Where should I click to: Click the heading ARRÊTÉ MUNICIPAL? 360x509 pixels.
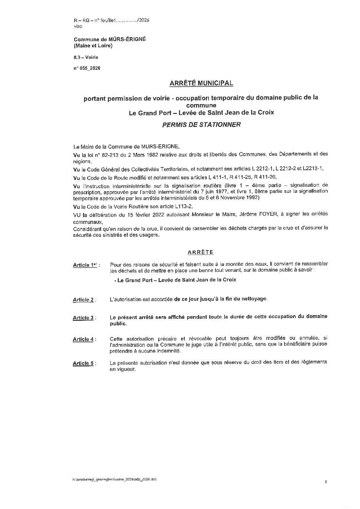click(201, 83)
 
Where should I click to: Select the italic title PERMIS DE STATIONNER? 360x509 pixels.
click(201, 125)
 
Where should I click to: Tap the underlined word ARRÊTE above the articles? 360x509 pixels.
click(200, 252)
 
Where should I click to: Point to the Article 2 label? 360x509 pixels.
click(83, 300)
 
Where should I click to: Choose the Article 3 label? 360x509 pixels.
click(83, 318)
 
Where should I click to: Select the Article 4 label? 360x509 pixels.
click(83, 339)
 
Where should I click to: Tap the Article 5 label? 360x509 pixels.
click(83, 363)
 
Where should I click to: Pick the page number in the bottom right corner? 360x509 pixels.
click(326, 482)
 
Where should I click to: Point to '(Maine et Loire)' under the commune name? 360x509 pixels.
click(93, 46)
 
